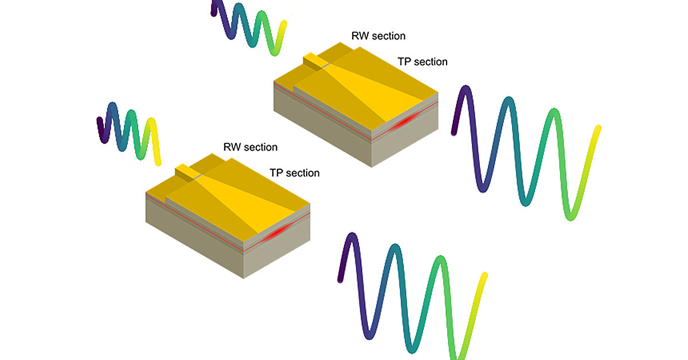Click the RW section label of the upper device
click(x=378, y=36)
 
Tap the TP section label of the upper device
click(x=422, y=61)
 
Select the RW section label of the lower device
click(x=250, y=147)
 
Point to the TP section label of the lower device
click(x=294, y=173)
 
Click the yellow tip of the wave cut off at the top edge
click(x=283, y=26)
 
